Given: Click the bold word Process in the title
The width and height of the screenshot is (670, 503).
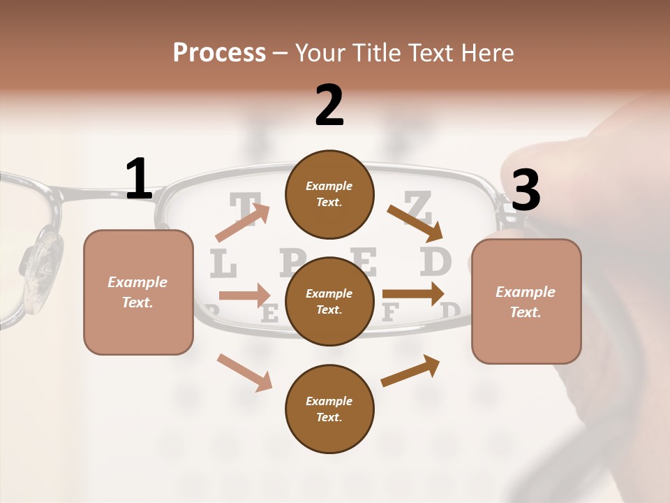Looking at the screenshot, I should coord(219,52).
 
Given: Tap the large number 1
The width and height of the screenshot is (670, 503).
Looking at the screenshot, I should coord(139,179).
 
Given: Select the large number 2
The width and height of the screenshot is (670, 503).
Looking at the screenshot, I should coord(329,105).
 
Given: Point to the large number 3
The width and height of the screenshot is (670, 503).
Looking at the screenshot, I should coord(526,190).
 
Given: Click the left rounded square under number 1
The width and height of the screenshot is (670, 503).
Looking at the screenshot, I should coord(138,292).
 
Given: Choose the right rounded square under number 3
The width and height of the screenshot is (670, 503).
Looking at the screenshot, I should coord(526,301).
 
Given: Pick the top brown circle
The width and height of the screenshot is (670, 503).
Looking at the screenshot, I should coord(329,194).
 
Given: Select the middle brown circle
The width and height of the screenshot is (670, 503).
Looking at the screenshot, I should coord(329,301).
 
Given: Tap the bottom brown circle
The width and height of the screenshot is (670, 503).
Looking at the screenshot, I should coord(329,409).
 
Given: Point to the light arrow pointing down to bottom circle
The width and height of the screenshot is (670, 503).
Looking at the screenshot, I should coord(245,372).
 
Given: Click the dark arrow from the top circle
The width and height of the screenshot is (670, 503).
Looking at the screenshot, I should coord(415,221).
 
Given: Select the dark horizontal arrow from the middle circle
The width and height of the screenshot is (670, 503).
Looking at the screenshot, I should coord(413,293).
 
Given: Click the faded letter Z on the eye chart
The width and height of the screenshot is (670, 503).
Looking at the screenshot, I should coord(418,205).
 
